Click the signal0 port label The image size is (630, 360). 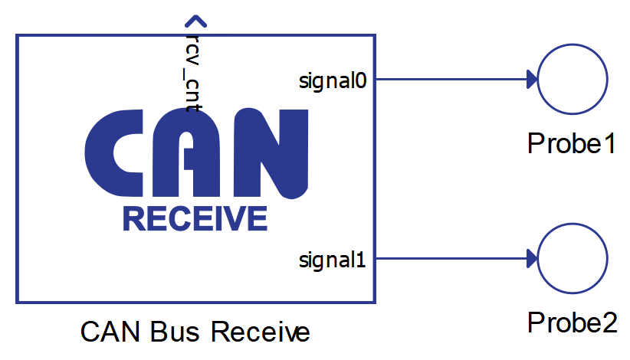pos(333,80)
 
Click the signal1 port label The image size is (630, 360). pos(333,260)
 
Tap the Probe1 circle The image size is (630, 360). pos(573,79)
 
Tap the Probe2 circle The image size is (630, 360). pos(573,259)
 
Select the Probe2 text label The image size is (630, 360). pos(572,322)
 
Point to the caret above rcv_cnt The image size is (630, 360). pos(195,21)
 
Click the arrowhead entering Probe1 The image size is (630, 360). pos(531,79)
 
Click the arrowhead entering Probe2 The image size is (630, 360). pos(531,259)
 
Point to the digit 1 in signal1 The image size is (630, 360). pos(361,260)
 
